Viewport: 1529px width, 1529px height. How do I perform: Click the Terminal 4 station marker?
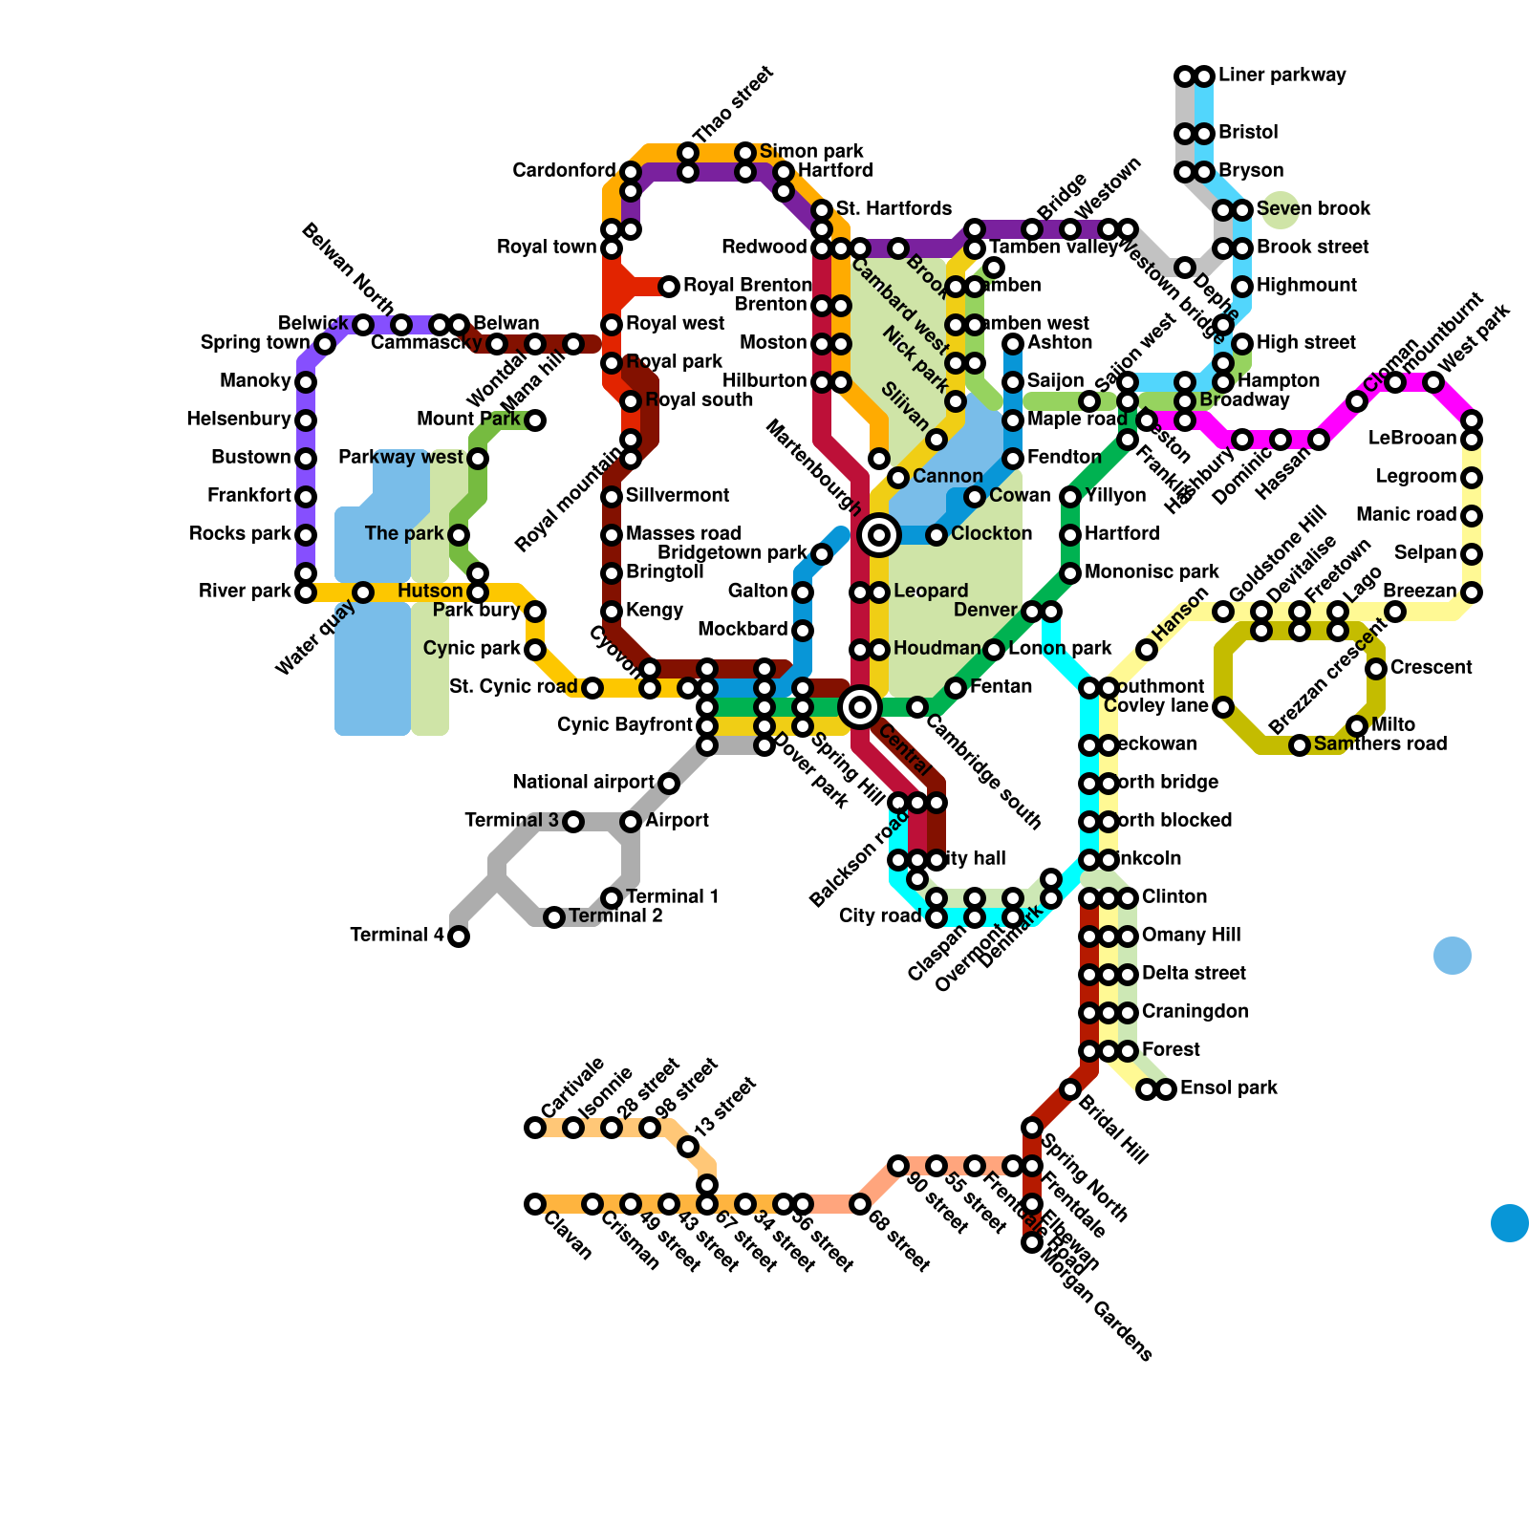pos(459,937)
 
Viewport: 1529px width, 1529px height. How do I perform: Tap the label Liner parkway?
pos(1281,75)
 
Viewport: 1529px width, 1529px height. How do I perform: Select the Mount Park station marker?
pos(535,420)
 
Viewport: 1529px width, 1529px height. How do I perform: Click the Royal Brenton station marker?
pos(669,286)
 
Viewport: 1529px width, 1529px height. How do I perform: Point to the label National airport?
pos(583,783)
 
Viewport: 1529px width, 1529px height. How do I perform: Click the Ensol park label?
pos(1228,1088)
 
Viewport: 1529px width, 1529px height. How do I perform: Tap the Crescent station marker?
pos(1376,669)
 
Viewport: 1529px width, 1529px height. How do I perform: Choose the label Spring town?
pos(255,343)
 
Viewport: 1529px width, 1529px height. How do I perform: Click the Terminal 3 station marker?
pos(573,822)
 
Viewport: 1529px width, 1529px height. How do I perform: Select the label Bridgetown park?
pos(733,553)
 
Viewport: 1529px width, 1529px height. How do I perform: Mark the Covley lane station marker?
pos(1223,707)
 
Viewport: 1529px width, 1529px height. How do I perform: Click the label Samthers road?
pos(1380,744)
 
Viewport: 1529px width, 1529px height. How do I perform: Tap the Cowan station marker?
pos(975,497)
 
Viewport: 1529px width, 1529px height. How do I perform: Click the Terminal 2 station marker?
pos(554,917)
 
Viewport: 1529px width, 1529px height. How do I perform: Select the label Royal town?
pos(547,248)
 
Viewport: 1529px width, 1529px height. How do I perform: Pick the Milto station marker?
pos(1357,726)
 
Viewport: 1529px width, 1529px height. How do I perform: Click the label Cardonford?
pos(564,171)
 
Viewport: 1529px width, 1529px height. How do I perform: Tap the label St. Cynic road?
pos(513,687)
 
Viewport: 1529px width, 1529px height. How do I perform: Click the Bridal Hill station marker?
pos(1070,1089)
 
